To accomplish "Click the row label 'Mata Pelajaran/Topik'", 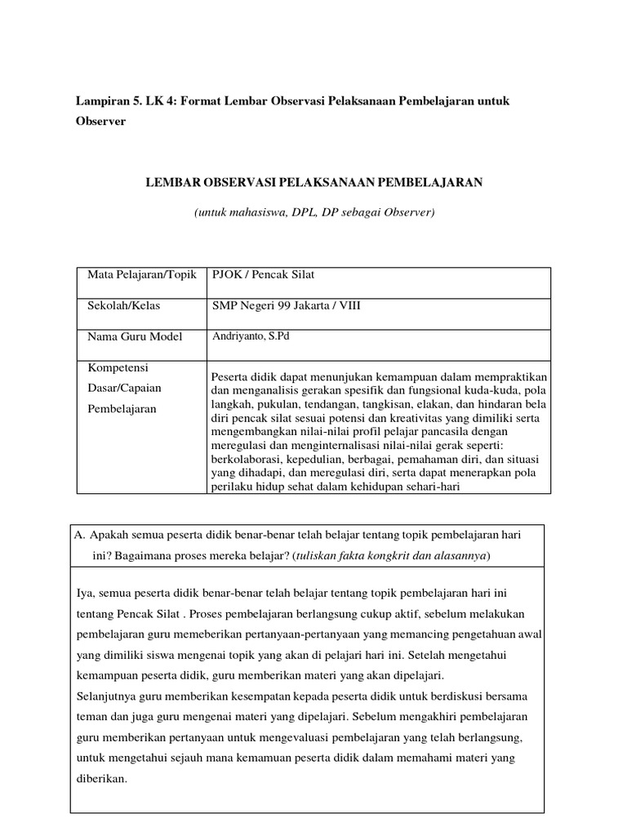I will (142, 274).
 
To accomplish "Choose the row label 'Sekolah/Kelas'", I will (124, 305).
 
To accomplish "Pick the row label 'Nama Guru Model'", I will (135, 336).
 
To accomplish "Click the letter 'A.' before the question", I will (80, 536).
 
